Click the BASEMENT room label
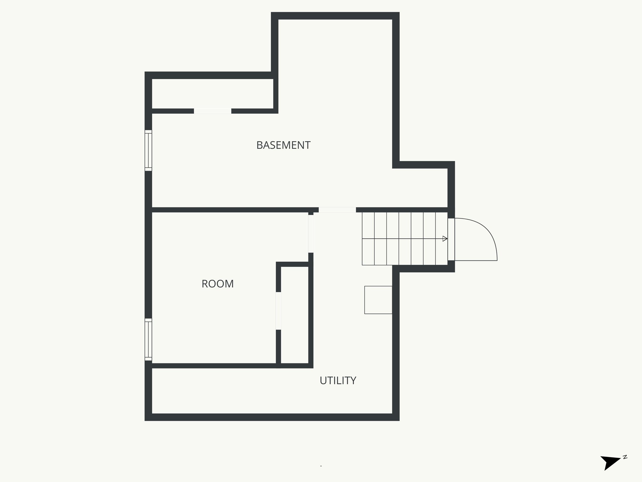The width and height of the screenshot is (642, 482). point(283,145)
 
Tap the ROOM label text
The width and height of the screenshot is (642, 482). point(218,284)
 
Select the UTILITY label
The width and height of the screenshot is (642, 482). point(338,380)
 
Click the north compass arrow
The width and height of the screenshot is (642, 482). point(609,470)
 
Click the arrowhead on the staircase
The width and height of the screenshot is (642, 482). point(445,239)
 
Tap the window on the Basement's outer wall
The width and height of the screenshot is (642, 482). point(148,151)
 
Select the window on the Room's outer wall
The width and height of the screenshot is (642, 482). point(148,339)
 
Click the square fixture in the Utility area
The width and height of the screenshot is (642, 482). point(378,300)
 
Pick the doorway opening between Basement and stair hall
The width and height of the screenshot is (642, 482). point(337,210)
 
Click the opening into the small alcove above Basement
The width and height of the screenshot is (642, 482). point(213,111)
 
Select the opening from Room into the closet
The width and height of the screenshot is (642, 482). point(278,311)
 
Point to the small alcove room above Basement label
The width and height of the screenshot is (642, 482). point(213,94)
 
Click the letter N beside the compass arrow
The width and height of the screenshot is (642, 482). point(625,466)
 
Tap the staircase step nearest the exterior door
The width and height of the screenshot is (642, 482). point(441,239)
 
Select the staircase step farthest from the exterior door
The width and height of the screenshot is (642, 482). point(368,239)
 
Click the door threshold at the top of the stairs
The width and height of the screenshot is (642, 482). point(451,239)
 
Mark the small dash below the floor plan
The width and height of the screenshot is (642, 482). point(321,466)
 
